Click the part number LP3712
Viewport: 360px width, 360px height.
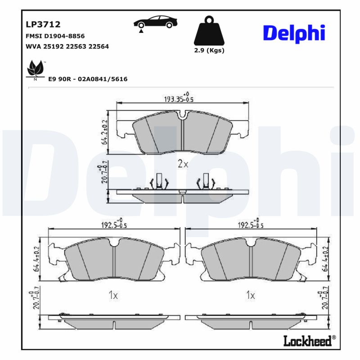coord(43,24)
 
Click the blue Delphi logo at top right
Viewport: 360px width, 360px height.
coord(293,33)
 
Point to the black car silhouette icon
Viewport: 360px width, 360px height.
coord(154,22)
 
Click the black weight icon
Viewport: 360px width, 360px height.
coord(208,31)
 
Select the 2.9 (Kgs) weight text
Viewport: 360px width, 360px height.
coord(209,50)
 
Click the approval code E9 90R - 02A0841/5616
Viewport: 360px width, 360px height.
coord(88,79)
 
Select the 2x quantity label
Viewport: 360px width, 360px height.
coord(183,164)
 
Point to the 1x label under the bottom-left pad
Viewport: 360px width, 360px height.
coord(113,295)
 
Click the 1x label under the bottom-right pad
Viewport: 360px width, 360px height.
coord(251,295)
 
